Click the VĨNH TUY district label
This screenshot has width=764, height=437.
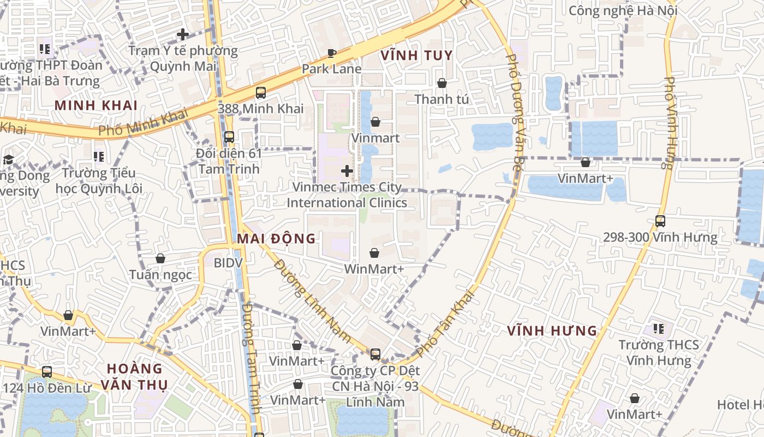point(416,55)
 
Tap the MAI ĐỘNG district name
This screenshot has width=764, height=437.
point(276,239)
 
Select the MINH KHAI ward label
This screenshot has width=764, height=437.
point(95,105)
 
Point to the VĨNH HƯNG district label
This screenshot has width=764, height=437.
point(552,331)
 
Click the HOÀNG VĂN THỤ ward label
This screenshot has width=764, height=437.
point(135,376)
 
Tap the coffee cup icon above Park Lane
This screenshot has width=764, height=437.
point(331,53)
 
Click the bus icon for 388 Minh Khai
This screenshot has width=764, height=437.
point(261,92)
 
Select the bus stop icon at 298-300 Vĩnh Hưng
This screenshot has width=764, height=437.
point(660,221)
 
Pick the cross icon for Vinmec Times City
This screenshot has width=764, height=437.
point(347,171)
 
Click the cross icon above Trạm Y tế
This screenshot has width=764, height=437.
point(183,34)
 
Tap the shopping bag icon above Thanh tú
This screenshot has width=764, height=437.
point(441,83)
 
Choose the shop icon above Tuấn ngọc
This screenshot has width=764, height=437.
point(160,258)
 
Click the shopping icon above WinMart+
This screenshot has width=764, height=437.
point(374,253)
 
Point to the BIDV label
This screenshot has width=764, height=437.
point(228,263)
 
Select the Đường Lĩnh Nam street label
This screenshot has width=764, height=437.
point(312,301)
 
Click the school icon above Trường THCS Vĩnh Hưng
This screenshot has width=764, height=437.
point(659,329)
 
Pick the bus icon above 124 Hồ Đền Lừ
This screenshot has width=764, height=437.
point(47,372)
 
